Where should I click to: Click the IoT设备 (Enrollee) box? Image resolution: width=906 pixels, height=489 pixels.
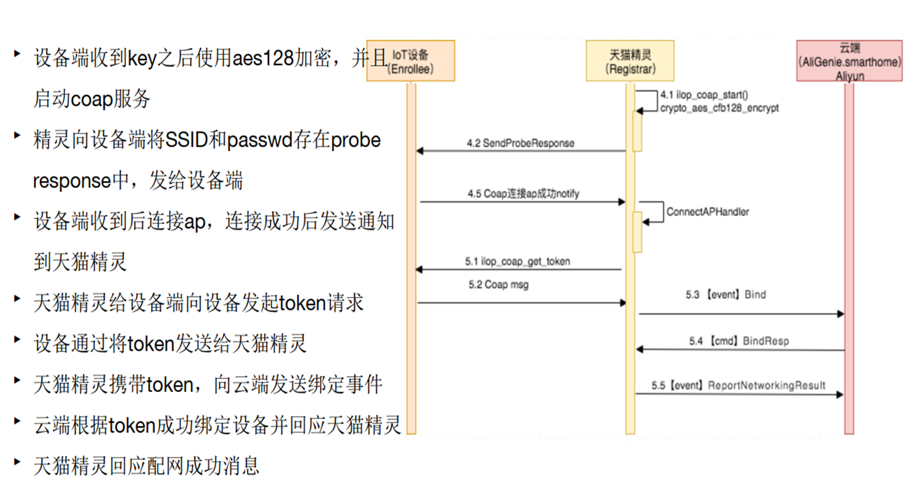click(410, 61)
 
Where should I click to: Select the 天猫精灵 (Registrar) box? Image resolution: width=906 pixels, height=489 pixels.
click(629, 61)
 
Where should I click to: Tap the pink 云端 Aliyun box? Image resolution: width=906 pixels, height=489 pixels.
click(849, 61)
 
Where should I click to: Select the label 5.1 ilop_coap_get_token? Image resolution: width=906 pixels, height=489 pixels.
click(517, 261)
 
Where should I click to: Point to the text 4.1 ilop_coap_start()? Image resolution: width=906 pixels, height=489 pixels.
click(703, 96)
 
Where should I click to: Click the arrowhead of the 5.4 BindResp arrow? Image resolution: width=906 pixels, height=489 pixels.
click(639, 349)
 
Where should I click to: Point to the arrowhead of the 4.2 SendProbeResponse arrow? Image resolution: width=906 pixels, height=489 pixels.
click(420, 150)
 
